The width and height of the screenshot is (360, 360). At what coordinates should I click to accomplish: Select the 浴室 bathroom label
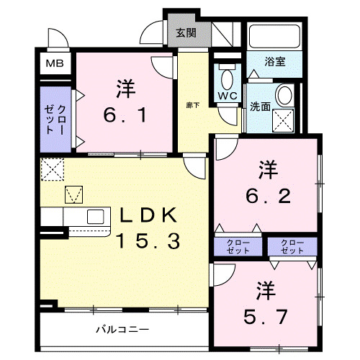coord(274,62)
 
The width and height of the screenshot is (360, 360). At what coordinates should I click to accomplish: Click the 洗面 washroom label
coord(260,107)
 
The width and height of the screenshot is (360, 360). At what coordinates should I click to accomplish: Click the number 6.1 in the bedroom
coord(126,114)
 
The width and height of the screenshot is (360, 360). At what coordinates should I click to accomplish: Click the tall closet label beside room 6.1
coord(55,120)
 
